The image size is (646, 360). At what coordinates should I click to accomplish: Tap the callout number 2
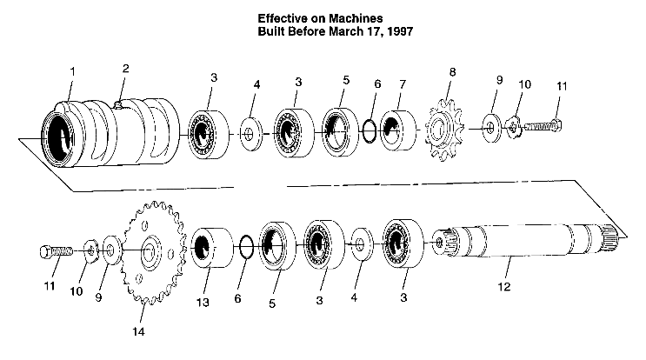(126, 68)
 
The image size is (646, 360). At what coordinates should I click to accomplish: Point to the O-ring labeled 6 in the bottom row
(246, 245)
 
